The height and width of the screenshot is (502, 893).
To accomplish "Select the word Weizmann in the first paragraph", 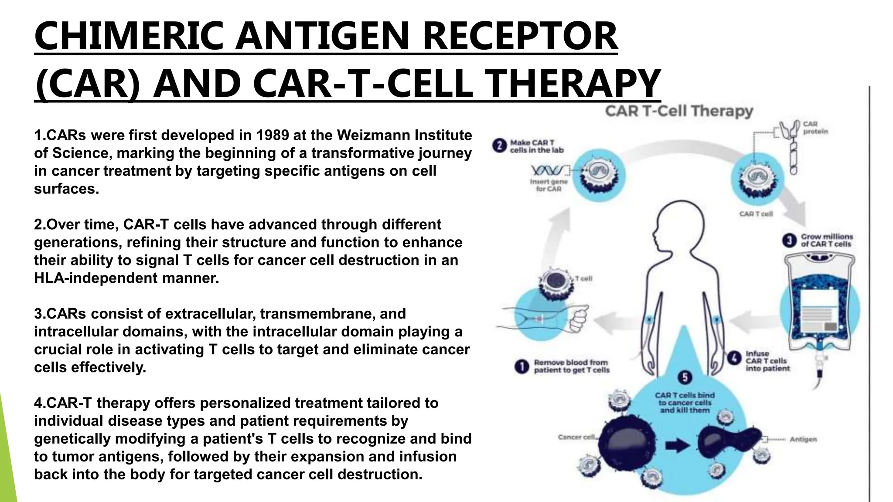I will pyautogui.click(x=379, y=136).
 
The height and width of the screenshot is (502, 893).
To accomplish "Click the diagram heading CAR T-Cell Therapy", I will pyautogui.click(x=679, y=111).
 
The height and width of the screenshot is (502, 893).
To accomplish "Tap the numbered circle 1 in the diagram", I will pyautogui.click(x=522, y=366).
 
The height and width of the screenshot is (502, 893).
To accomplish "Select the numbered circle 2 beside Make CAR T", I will pyautogui.click(x=500, y=146).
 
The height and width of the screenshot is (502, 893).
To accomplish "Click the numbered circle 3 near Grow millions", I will pyautogui.click(x=789, y=240).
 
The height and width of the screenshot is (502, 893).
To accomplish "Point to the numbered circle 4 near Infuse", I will pyautogui.click(x=735, y=359).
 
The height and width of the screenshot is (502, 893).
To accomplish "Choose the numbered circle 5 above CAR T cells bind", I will pyautogui.click(x=685, y=377).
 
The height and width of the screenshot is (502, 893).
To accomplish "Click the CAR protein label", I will pyautogui.click(x=815, y=128).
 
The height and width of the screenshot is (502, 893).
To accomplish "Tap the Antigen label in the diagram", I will pyautogui.click(x=803, y=439).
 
